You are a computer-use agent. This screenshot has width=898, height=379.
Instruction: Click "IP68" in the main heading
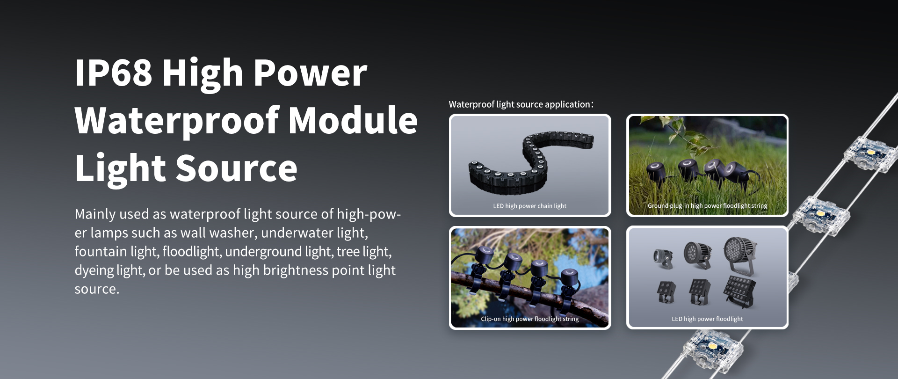coord(114,73)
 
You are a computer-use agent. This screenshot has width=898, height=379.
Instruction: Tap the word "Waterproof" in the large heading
coord(176,121)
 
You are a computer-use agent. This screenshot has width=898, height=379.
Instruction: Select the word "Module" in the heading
coord(353,120)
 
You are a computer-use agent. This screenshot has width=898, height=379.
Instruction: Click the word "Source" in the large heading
coord(236,168)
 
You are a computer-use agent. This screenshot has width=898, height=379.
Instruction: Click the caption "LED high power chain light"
coord(529,206)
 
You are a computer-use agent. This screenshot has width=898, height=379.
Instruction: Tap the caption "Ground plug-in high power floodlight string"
coord(707,206)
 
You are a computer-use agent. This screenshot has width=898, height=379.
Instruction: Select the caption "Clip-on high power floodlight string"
coord(529,319)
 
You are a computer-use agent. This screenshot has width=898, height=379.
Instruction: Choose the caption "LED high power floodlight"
coord(707,319)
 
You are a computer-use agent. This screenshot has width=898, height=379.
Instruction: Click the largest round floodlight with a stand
coord(740,255)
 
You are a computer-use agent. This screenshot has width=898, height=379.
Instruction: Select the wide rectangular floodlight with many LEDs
coord(740,292)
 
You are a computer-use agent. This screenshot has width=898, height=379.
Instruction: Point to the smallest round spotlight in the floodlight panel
coord(663,259)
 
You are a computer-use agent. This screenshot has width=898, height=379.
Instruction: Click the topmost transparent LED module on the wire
coord(870,154)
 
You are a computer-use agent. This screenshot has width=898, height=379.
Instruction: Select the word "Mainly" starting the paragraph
coord(95,214)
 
